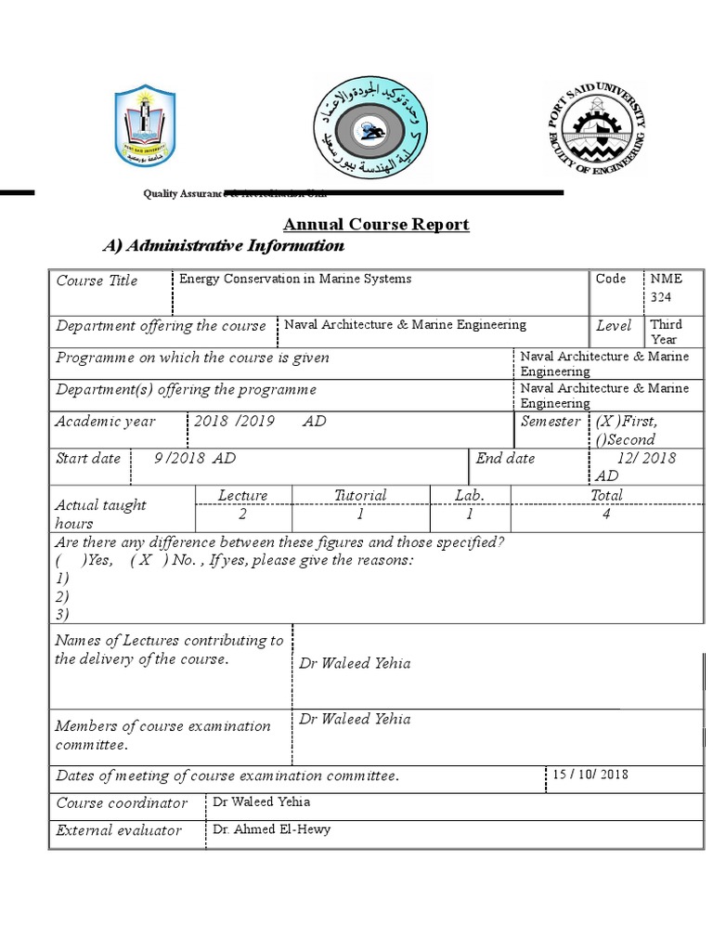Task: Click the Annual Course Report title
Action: click(376, 225)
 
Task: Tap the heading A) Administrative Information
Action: click(223, 246)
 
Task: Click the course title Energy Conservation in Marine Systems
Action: click(294, 279)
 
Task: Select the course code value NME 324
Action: click(666, 287)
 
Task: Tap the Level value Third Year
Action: click(666, 332)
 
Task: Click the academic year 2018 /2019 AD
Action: click(259, 421)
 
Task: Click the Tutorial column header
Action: click(360, 495)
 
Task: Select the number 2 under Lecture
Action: click(242, 514)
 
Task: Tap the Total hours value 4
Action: click(606, 514)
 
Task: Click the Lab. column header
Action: click(470, 495)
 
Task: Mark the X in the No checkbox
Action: click(147, 560)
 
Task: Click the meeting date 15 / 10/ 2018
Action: click(590, 775)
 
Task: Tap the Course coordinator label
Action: click(122, 803)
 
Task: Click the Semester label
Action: click(551, 421)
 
